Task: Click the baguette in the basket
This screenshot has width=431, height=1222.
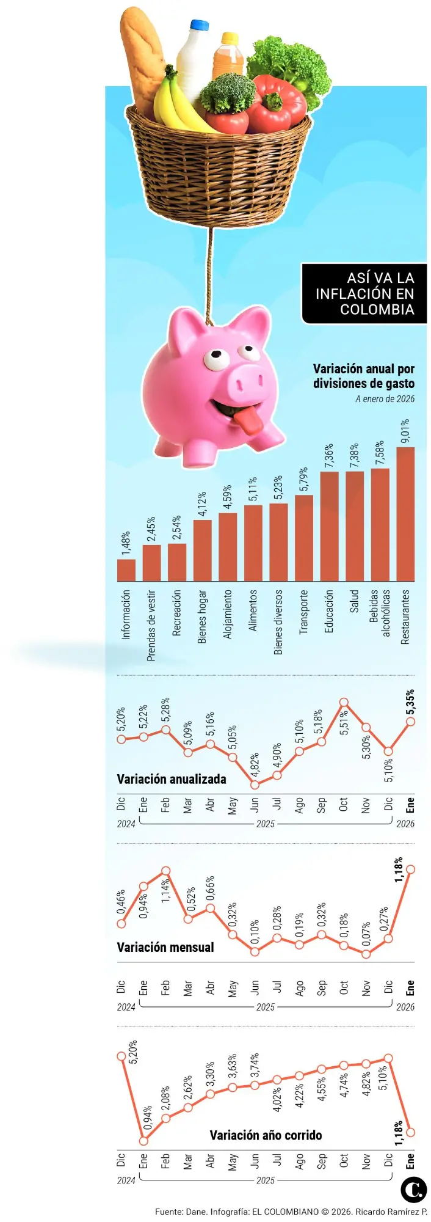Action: pyautogui.click(x=141, y=58)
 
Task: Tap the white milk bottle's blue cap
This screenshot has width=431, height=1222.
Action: pyautogui.click(x=199, y=25)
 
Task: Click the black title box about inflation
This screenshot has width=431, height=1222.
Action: pyautogui.click(x=364, y=294)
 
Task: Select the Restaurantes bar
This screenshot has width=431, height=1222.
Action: pyautogui.click(x=405, y=514)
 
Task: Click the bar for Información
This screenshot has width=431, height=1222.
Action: pyautogui.click(x=126, y=569)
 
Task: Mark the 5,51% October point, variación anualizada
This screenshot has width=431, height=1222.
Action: pyautogui.click(x=344, y=703)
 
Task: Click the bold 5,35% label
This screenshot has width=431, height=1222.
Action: pyautogui.click(x=410, y=702)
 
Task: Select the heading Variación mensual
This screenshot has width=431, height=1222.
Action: pyautogui.click(x=165, y=947)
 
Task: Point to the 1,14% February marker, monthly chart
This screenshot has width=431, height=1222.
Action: pyautogui.click(x=165, y=871)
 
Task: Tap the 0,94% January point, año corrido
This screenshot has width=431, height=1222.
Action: pyautogui.click(x=143, y=1140)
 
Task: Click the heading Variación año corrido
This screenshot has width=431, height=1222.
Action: pyautogui.click(x=266, y=1135)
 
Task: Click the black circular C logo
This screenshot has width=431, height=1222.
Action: pyautogui.click(x=413, y=1189)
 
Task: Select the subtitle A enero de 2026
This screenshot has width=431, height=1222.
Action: pyautogui.click(x=385, y=399)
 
